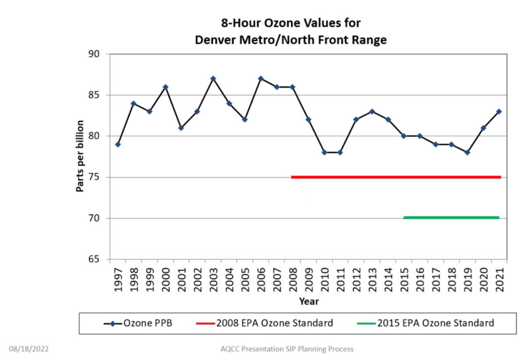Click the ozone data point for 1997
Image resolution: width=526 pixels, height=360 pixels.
(117, 144)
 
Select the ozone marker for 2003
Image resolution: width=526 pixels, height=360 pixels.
(213, 79)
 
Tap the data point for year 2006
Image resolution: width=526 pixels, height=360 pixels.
(261, 79)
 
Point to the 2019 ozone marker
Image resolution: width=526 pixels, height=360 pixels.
(467, 152)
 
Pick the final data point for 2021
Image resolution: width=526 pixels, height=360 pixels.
(499, 111)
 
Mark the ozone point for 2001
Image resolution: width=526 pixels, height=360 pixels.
(181, 128)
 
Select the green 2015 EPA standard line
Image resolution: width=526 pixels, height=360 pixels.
(451, 218)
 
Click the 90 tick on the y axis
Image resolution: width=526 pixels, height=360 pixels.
(95, 54)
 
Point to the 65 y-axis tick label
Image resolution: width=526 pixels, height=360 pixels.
(95, 259)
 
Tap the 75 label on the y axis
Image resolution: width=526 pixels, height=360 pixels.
(95, 177)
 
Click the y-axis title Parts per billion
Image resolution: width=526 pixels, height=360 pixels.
(80, 156)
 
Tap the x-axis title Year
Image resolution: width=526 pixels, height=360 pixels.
(309, 301)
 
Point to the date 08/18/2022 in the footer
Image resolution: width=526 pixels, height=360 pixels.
(29, 349)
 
